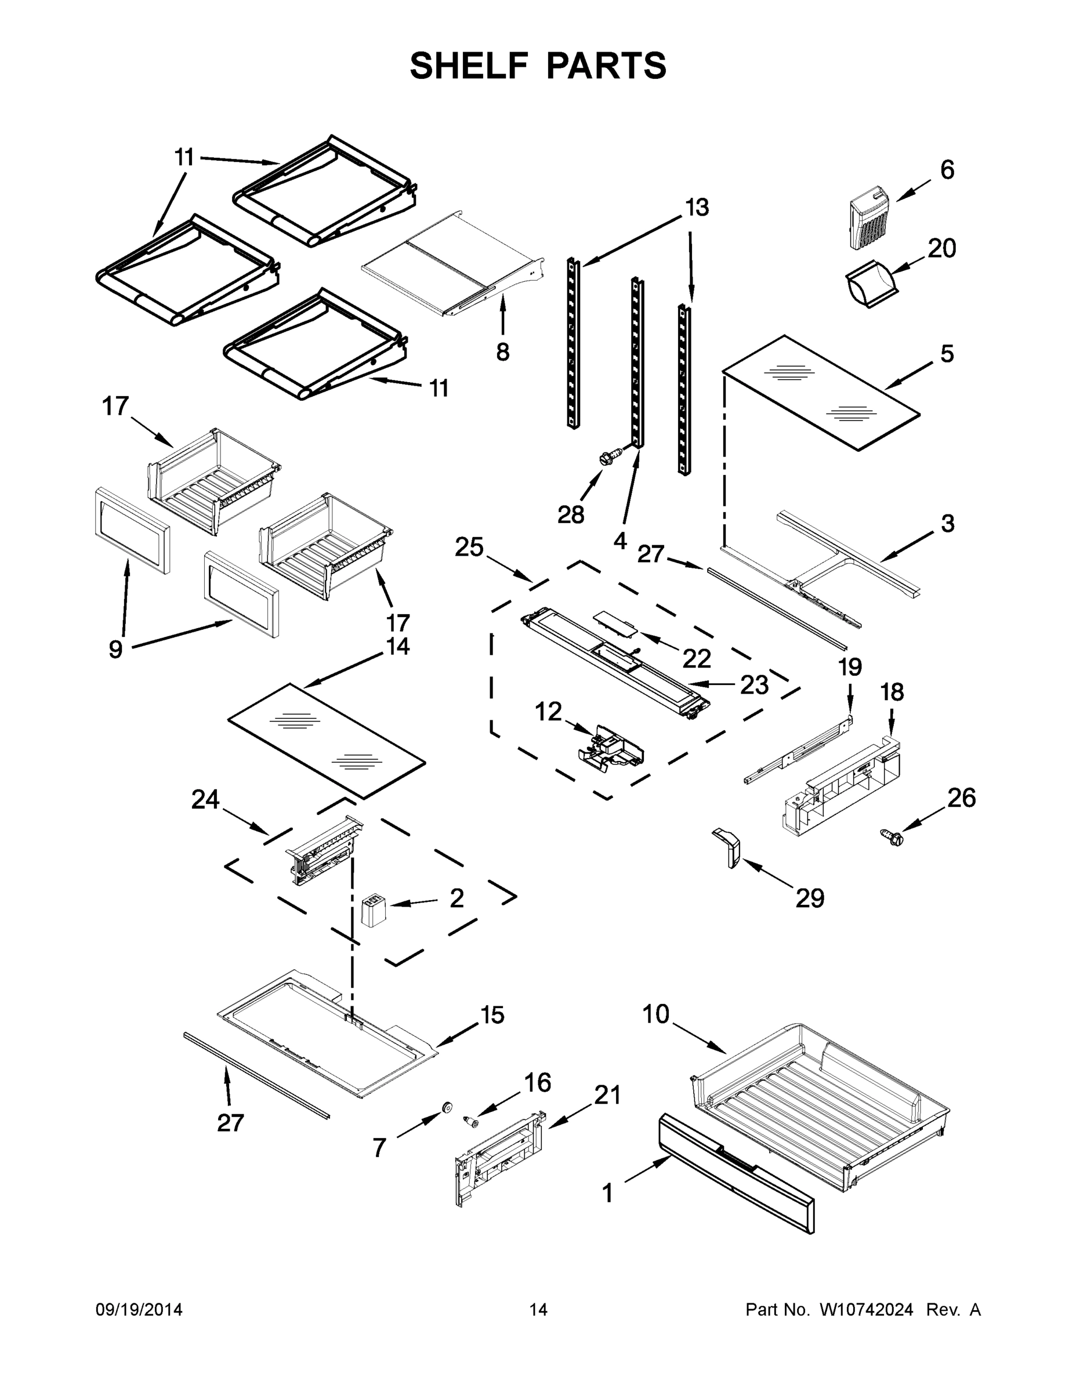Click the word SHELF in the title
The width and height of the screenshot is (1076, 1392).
pyautogui.click(x=469, y=66)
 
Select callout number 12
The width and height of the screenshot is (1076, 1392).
pyautogui.click(x=548, y=711)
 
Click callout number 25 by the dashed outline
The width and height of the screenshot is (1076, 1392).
pyautogui.click(x=469, y=548)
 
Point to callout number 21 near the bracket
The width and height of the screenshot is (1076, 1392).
pyautogui.click(x=607, y=1095)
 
